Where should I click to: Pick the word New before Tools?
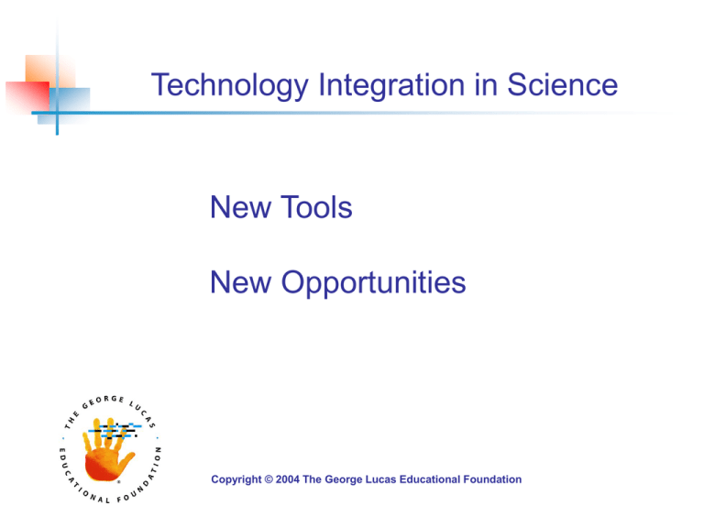[237, 208]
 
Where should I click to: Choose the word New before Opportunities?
[237, 283]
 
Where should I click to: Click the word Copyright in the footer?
[237, 479]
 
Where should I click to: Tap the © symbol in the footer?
[273, 479]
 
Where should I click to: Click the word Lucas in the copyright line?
[382, 479]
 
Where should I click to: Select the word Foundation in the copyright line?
[489, 479]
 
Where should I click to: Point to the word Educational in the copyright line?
[428, 479]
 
